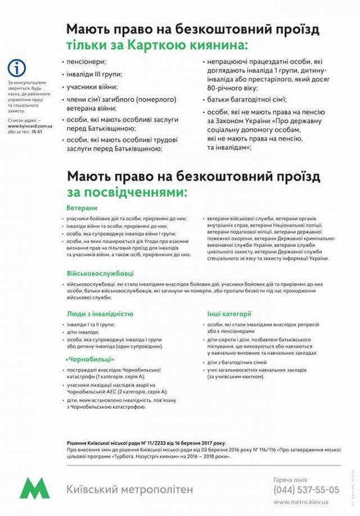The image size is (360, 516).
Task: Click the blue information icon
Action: point(17,69)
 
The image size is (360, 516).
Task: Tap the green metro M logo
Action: point(35,488)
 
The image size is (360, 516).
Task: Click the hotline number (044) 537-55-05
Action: point(307,490)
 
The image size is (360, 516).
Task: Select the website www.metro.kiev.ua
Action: point(301,501)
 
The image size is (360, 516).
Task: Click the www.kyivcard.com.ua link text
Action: point(27,126)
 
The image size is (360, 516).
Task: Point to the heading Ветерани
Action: point(82,207)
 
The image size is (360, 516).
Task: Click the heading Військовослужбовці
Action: point(100,273)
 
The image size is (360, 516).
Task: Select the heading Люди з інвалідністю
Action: point(100,314)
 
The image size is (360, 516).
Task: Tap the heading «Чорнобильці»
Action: point(90,359)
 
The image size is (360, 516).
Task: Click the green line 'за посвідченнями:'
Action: point(127,192)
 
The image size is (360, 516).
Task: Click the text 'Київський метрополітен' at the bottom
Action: point(129,490)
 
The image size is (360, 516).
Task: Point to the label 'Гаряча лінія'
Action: point(290,479)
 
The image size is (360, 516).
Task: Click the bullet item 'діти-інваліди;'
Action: point(83,332)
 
